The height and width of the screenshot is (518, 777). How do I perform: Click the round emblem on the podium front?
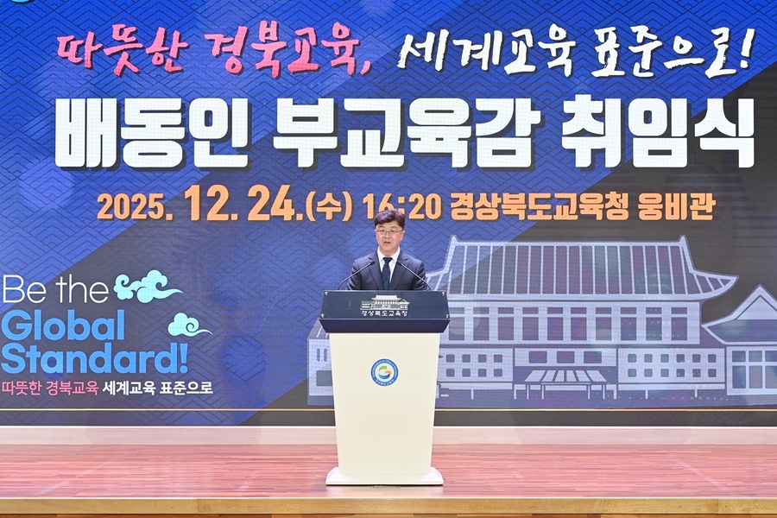(384, 372)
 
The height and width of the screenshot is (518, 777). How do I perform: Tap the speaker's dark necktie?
(387, 272)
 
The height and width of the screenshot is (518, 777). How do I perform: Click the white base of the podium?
(384, 476)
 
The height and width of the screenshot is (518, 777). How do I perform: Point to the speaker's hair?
(388, 217)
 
